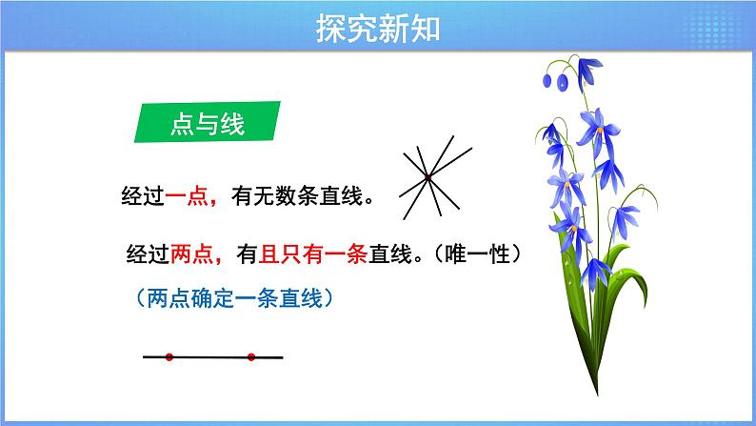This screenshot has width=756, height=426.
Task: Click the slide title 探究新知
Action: (x=377, y=30)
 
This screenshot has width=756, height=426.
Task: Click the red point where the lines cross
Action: (x=428, y=177)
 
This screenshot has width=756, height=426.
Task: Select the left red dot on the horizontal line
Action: (x=169, y=358)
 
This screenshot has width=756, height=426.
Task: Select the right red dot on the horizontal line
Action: (x=251, y=358)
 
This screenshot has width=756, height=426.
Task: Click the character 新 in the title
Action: (x=392, y=30)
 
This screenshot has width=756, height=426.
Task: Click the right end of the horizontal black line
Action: (x=282, y=358)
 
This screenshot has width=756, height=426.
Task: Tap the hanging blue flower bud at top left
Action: (x=561, y=82)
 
